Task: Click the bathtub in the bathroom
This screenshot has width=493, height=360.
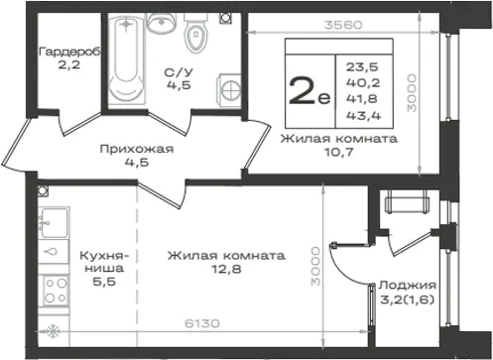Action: tap(127, 59)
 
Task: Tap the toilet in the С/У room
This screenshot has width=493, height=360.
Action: tap(196, 33)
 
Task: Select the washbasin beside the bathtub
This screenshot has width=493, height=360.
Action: tap(161, 23)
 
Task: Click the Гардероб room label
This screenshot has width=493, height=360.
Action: tap(69, 52)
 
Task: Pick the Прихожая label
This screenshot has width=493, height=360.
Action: tap(137, 149)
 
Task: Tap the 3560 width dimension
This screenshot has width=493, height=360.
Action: tap(343, 25)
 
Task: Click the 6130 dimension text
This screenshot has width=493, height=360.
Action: tap(201, 323)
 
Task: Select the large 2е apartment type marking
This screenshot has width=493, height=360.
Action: tap(309, 90)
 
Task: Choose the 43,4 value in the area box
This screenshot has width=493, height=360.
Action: tap(363, 115)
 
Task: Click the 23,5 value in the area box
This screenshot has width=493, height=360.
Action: tap(362, 67)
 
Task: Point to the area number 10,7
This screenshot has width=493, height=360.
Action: tap(339, 152)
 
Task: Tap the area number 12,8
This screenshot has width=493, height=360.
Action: tap(226, 269)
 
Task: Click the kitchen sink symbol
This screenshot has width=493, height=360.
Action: tap(54, 223)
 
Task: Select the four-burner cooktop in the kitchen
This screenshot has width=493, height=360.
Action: tap(55, 291)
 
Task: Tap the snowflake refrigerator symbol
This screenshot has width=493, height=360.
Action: tap(53, 331)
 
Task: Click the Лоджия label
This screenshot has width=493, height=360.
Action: tap(408, 285)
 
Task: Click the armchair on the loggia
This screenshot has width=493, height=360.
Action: tap(408, 202)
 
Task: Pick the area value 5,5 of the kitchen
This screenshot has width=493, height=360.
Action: tap(104, 282)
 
